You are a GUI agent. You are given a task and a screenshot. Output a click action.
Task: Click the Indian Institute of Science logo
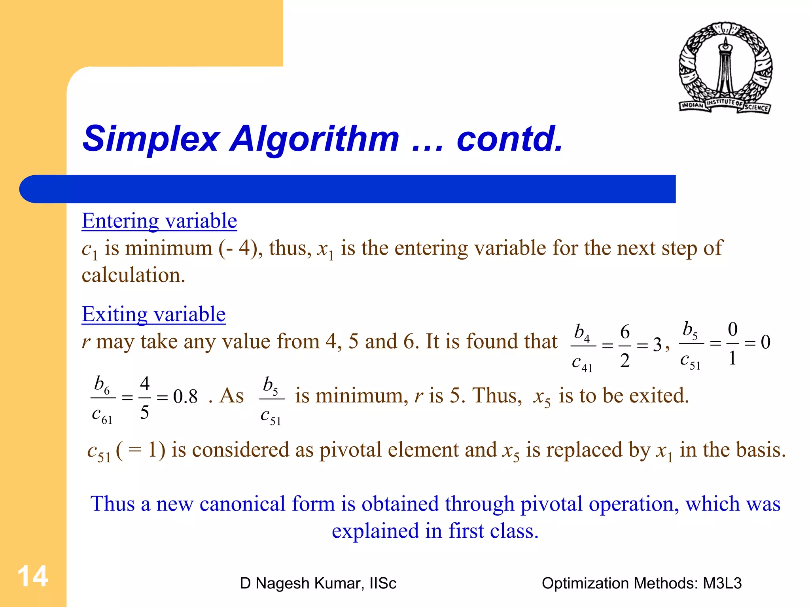[725, 68]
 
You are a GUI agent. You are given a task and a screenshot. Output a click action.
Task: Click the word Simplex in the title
[151, 139]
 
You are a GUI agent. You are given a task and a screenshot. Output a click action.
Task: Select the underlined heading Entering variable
[159, 221]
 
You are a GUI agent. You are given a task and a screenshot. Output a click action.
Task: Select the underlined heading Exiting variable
[153, 314]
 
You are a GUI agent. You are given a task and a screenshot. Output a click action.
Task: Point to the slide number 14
[33, 576]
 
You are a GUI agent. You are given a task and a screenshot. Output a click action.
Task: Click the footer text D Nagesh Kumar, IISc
[318, 583]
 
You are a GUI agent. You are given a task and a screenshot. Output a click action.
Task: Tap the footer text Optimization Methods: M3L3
[642, 583]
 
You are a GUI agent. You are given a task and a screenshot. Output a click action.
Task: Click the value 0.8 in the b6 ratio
[185, 396]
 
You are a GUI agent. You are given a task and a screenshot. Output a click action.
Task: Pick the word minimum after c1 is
[169, 248]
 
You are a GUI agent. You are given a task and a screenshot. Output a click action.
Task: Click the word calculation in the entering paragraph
[133, 275]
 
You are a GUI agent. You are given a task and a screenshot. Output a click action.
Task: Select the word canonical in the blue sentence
[242, 504]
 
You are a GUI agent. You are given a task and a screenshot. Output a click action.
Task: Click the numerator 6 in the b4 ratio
[625, 332]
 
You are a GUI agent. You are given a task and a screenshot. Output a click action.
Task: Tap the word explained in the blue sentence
[375, 531]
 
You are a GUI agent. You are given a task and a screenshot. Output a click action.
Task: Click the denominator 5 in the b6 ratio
[145, 412]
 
